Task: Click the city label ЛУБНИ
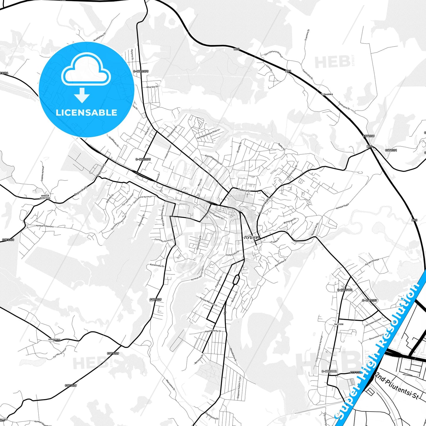(x=251, y=237)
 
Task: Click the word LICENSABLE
(x=86, y=112)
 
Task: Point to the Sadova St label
(x=244, y=191)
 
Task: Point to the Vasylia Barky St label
(x=213, y=332)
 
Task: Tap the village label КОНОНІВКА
(x=54, y=339)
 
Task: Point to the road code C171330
(x=8, y=240)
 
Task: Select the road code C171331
(x=391, y=150)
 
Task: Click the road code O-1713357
(x=370, y=300)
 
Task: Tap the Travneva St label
(x=307, y=35)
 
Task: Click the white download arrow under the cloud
(x=82, y=95)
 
